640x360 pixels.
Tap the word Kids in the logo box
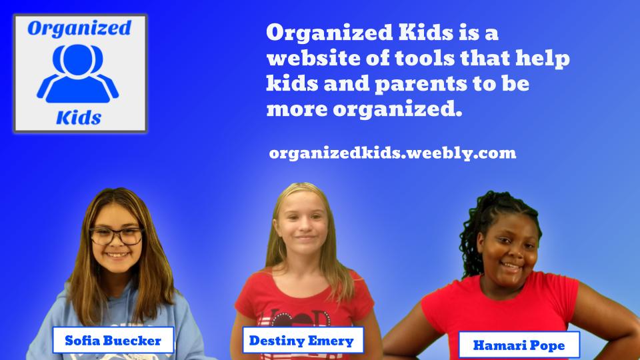pyautogui.click(x=79, y=118)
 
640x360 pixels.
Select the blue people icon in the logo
pyautogui.click(x=78, y=73)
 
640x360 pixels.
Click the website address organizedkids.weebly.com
pyautogui.click(x=393, y=153)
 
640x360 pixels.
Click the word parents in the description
pyautogui.click(x=421, y=85)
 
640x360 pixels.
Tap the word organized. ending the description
pyautogui.click(x=397, y=109)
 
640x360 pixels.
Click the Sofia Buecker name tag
pyautogui.click(x=113, y=340)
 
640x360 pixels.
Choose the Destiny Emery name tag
pyautogui.click(x=303, y=340)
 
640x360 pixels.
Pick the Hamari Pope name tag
pyautogui.click(x=519, y=345)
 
